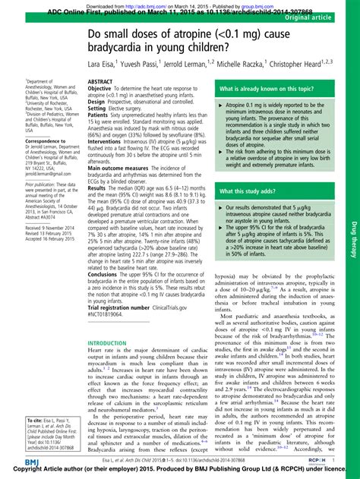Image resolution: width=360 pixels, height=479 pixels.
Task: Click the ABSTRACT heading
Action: [x=101, y=81]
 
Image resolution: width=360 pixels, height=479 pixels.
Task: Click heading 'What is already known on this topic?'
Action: [x=265, y=90]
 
